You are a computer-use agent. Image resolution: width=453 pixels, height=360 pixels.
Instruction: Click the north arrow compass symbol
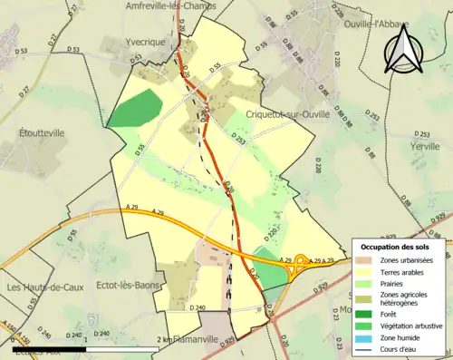405,52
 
